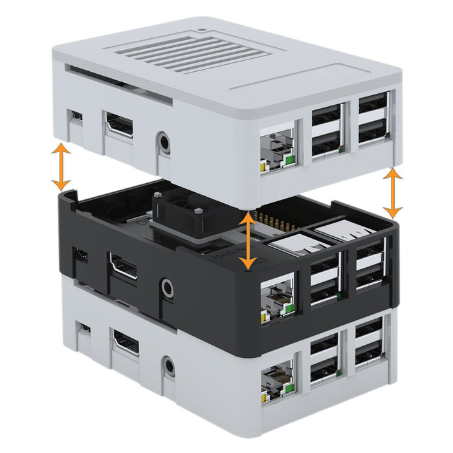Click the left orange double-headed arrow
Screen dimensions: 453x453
(61, 167)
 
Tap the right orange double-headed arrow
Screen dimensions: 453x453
(393, 193)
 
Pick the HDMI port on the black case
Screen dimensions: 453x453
(123, 266)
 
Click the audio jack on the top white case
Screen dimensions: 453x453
(164, 142)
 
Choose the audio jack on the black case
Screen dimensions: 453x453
(168, 287)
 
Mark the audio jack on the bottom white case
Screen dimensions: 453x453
(170, 366)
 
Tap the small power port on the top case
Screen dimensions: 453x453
(76, 116)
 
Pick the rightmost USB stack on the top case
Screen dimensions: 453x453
(373, 119)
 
